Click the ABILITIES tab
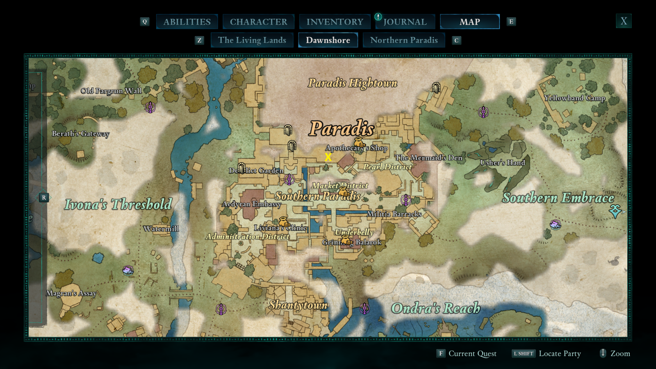tap(187, 22)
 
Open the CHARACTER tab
tap(258, 22)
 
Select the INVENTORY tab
tap(335, 22)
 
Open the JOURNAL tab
tap(405, 22)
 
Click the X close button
tap(624, 21)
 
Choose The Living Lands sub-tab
tap(252, 40)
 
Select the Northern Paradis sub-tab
tap(404, 40)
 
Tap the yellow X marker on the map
tap(328, 157)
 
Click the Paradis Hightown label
tap(353, 83)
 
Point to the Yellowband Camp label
tap(574, 98)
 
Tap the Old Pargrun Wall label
tap(111, 91)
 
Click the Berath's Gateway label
tap(80, 134)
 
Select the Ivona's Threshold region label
tap(118, 204)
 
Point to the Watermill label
tap(161, 229)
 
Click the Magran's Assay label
tap(71, 293)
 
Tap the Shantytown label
tap(298, 305)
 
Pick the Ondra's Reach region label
tap(435, 308)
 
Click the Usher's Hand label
tap(502, 163)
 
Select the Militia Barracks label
tap(394, 214)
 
